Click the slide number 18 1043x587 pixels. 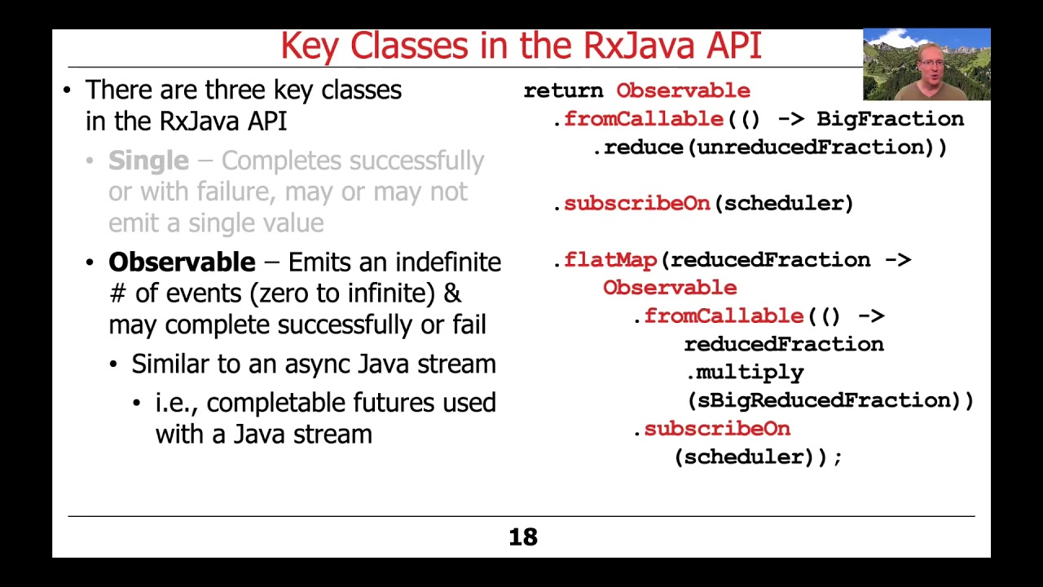[x=523, y=537]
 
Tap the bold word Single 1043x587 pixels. [x=148, y=161]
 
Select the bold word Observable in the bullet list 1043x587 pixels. [x=182, y=263]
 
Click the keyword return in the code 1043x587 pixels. [x=563, y=90]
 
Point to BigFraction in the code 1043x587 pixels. [x=890, y=119]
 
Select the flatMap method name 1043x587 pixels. [x=610, y=260]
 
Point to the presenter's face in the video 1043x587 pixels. [x=930, y=60]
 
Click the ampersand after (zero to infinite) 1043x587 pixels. [x=453, y=293]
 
